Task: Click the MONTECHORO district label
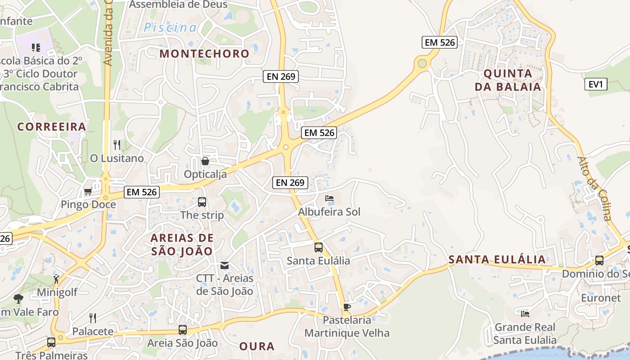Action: (x=204, y=54)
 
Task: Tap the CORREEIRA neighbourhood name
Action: (x=51, y=126)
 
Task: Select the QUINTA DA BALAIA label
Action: (x=508, y=80)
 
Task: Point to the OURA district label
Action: (x=256, y=346)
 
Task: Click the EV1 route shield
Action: (x=596, y=84)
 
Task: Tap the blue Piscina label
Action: (x=170, y=27)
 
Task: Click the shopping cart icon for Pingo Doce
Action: (x=88, y=192)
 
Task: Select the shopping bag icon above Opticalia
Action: (x=205, y=161)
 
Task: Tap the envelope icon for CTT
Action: (x=225, y=265)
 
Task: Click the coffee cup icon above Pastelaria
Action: (x=346, y=307)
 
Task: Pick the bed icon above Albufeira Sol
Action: (x=329, y=198)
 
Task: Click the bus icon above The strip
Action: (x=202, y=202)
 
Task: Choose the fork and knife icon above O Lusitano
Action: (x=117, y=144)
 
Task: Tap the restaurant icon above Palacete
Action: (x=93, y=318)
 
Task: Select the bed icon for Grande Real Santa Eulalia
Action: (x=525, y=314)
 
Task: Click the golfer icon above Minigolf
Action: (x=56, y=279)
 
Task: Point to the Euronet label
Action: (x=601, y=298)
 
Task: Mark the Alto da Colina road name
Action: (x=594, y=189)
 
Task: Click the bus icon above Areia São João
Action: (x=182, y=330)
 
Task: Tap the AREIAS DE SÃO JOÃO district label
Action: (x=182, y=244)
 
